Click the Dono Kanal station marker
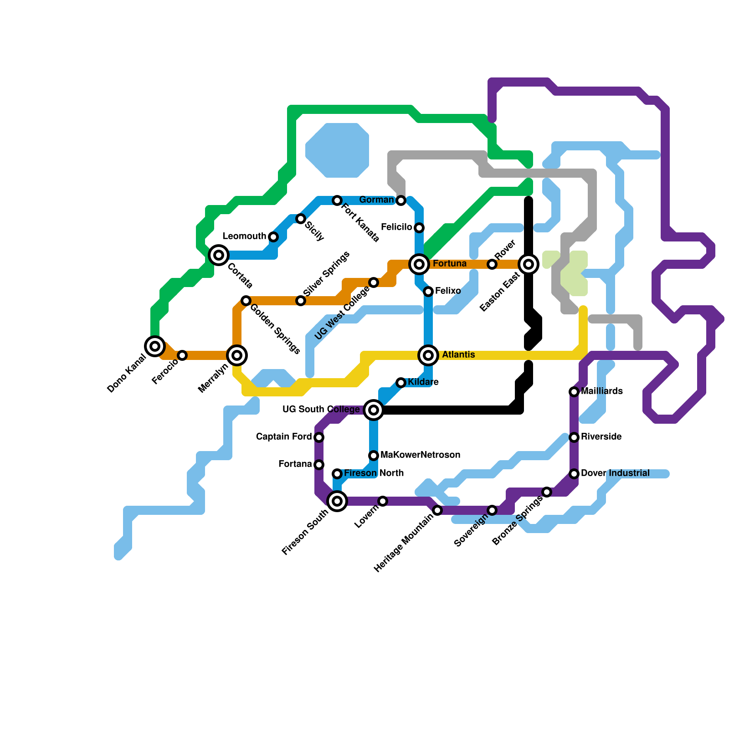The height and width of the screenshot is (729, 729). coord(155,346)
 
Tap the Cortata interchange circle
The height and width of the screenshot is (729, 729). coord(219,255)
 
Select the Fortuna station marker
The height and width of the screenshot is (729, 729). coord(419,264)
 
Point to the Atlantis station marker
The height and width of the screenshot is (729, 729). coord(428,355)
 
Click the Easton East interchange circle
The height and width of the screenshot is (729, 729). coord(529,264)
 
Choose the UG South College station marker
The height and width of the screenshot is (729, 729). coord(374,410)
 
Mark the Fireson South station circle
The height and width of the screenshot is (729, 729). coord(337,501)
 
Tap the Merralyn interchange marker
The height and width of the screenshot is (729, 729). coord(237,355)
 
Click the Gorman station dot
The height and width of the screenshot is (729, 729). coord(401,200)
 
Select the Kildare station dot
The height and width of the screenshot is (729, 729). coord(401,383)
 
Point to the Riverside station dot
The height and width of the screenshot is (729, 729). coord(574,437)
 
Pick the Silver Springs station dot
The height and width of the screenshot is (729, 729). coord(301,301)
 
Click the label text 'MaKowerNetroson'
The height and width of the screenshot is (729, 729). coord(420,455)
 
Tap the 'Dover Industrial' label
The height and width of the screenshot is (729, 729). coord(615,473)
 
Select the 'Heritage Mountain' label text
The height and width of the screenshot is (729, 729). coord(403,542)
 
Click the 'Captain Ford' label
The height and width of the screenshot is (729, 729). coord(284,437)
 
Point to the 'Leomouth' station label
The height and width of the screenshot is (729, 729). coord(244,236)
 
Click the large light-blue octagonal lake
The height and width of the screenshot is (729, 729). coord(337,150)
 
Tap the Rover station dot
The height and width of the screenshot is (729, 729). coord(492,264)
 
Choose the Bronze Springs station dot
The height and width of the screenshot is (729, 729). coord(547,492)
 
